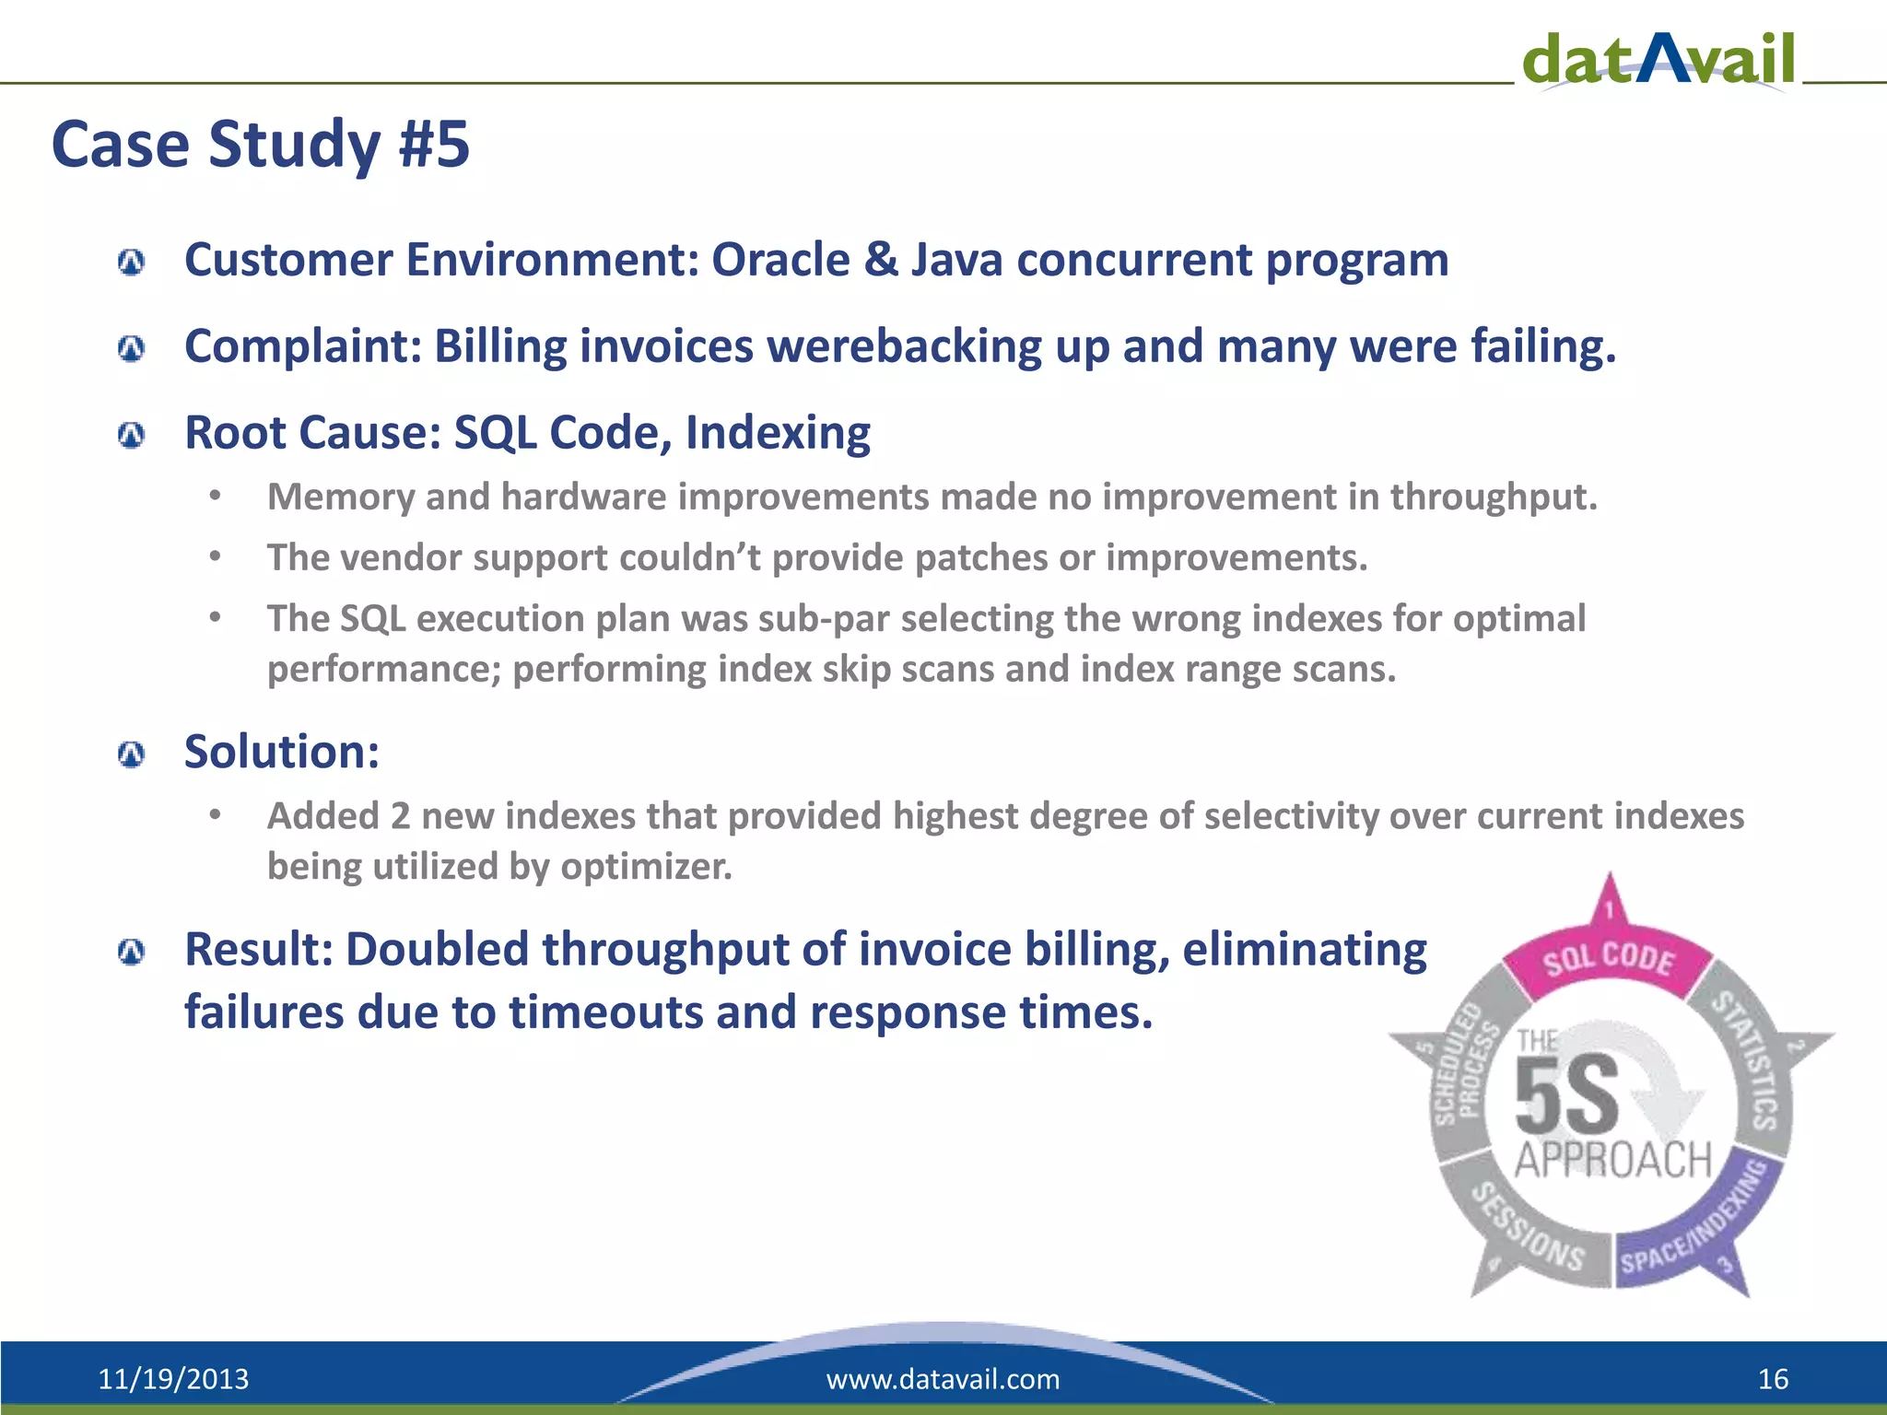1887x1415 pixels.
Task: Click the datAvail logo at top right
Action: [x=1658, y=59]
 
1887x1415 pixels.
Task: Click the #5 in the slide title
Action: [x=434, y=145]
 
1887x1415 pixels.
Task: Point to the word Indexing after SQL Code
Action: [x=778, y=433]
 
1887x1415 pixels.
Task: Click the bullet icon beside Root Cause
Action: [x=132, y=435]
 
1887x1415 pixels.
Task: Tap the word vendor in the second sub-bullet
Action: [x=401, y=558]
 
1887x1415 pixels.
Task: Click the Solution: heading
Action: [x=282, y=752]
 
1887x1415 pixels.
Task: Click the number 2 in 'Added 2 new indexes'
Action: [x=400, y=817]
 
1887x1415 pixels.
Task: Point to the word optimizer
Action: [x=646, y=867]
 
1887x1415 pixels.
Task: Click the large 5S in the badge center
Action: [x=1566, y=1096]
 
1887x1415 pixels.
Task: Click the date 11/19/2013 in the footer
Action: [x=173, y=1379]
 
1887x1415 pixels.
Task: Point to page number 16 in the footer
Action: [x=1773, y=1379]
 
